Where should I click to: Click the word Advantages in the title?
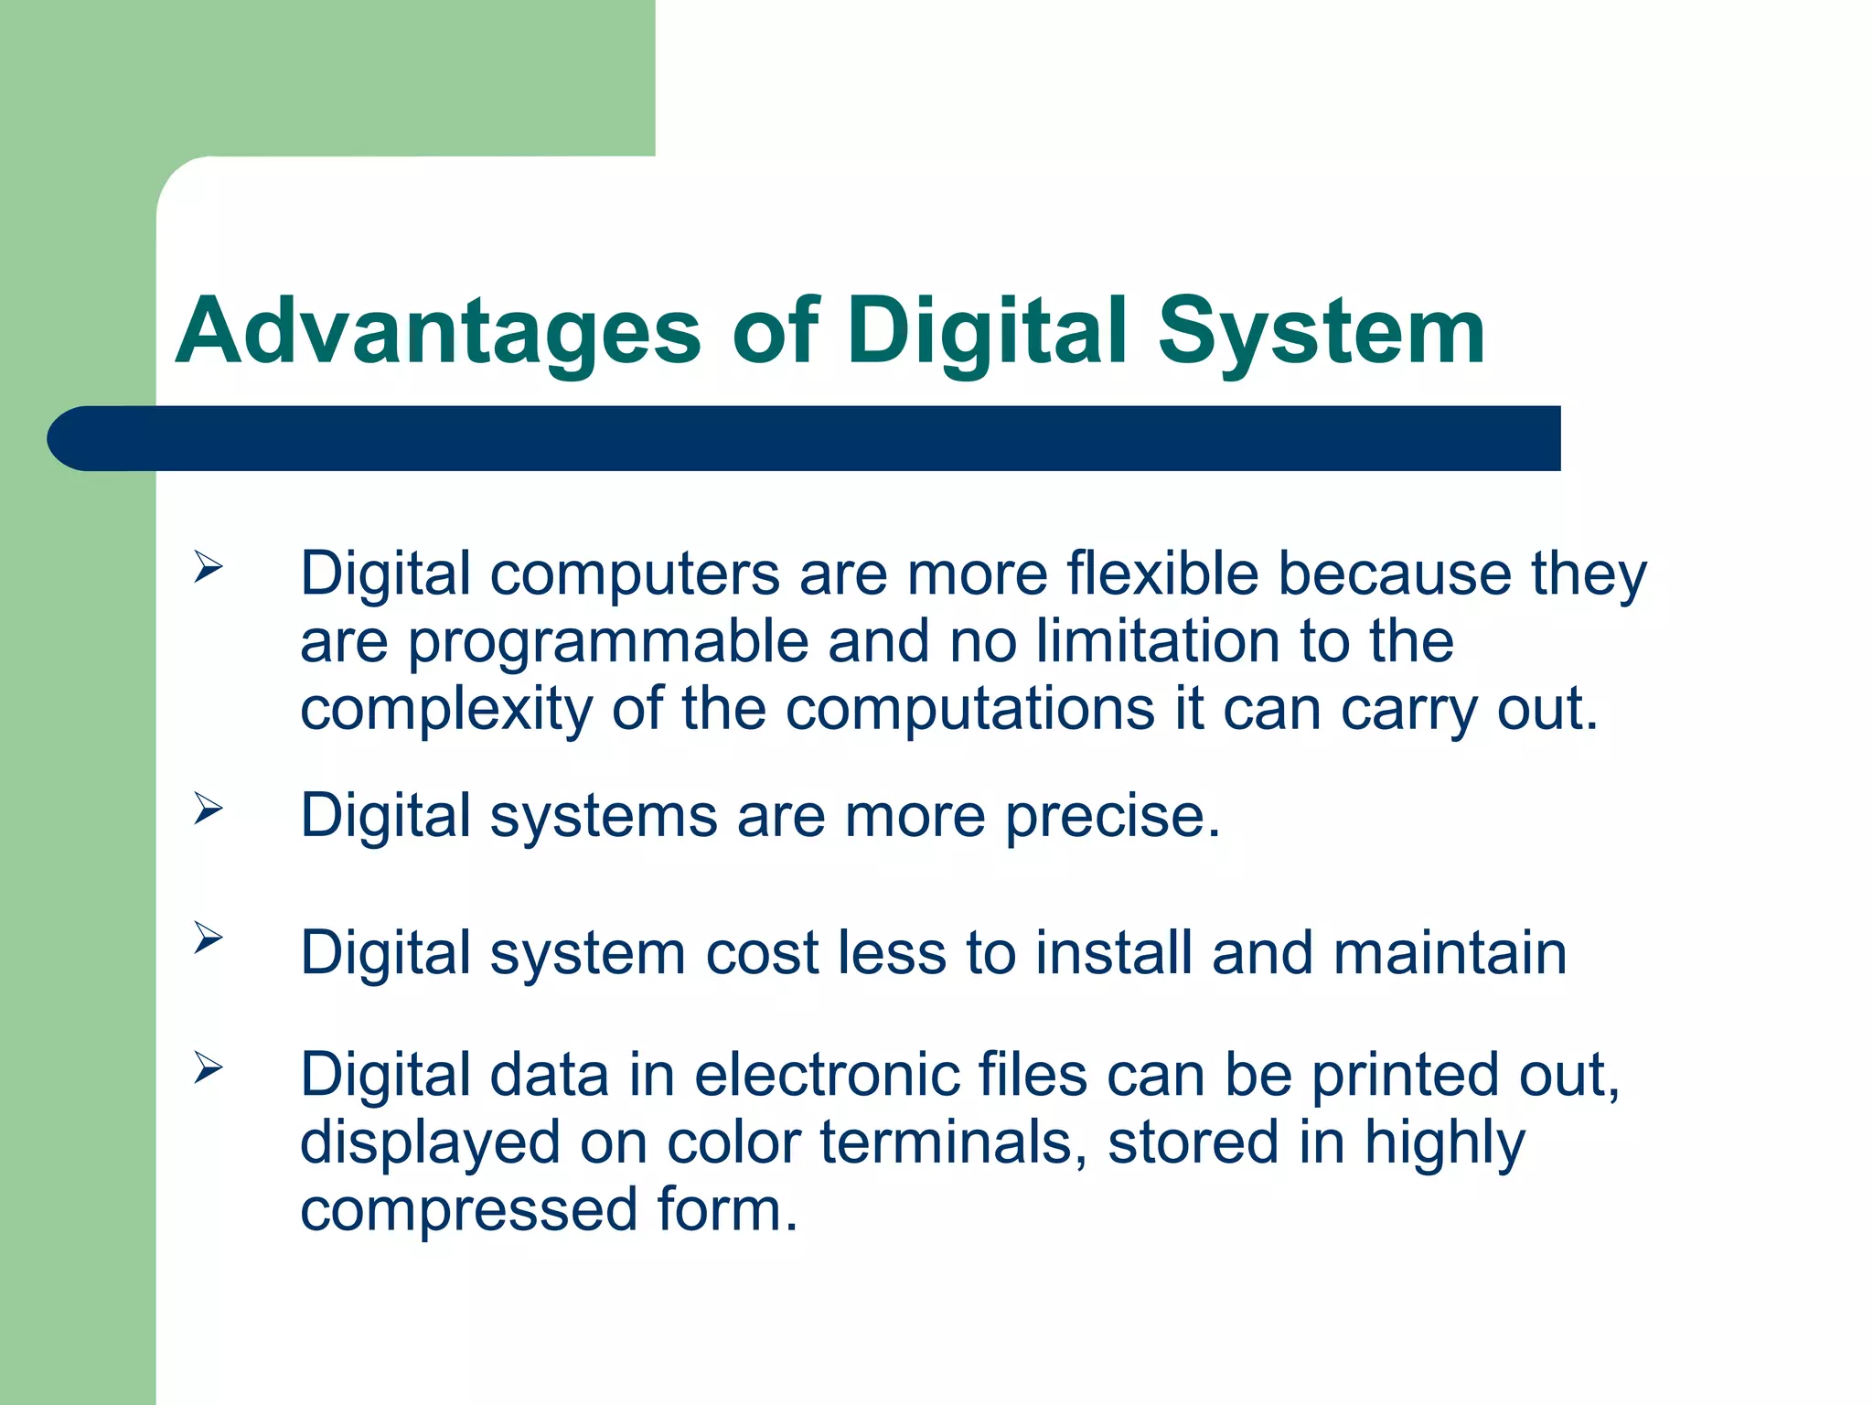coord(437,331)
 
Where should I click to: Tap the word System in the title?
coord(1321,331)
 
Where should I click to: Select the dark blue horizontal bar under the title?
coord(805,438)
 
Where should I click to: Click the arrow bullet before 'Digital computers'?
coord(208,568)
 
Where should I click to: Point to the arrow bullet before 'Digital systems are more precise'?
coord(208,809)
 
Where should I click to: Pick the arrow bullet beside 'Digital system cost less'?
coord(208,938)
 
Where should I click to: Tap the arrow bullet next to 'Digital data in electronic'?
coord(208,1067)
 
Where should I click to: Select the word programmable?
coord(608,642)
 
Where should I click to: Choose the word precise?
coord(1113,816)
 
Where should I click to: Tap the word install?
coord(1113,953)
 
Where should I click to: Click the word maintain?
coord(1450,953)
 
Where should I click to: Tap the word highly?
coord(1444,1144)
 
